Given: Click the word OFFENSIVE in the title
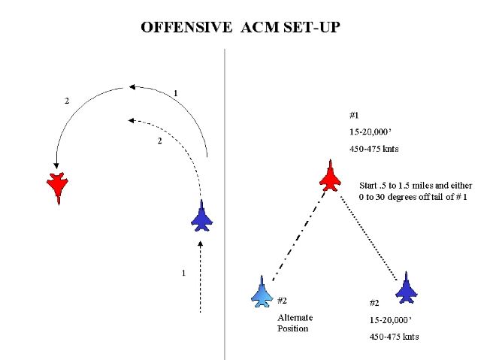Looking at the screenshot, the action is tap(186, 27).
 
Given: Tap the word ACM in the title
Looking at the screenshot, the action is tap(260, 27).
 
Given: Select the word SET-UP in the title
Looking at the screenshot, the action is tap(312, 27).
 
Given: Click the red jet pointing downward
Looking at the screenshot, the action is tap(57, 188).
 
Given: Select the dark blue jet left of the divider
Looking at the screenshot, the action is tap(201, 216).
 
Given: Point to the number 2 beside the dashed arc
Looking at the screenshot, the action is tap(159, 141).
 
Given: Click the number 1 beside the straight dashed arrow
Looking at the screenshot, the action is tap(183, 273).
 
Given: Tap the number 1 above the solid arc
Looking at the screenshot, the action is tap(175, 93).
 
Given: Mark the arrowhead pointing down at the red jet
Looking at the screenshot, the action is tap(56, 166).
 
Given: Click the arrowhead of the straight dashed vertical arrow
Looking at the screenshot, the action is tap(201, 244).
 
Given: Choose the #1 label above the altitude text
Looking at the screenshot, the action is tap(354, 115).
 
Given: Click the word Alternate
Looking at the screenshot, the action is tap(295, 317).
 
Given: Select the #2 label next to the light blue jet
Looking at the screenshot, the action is tap(283, 301).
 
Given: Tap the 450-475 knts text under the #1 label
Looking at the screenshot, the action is tap(374, 149).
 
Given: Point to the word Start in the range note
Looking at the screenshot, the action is tap(368, 186).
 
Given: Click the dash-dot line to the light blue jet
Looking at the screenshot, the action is tap(299, 235).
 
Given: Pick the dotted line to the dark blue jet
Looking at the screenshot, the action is tap(369, 238).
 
